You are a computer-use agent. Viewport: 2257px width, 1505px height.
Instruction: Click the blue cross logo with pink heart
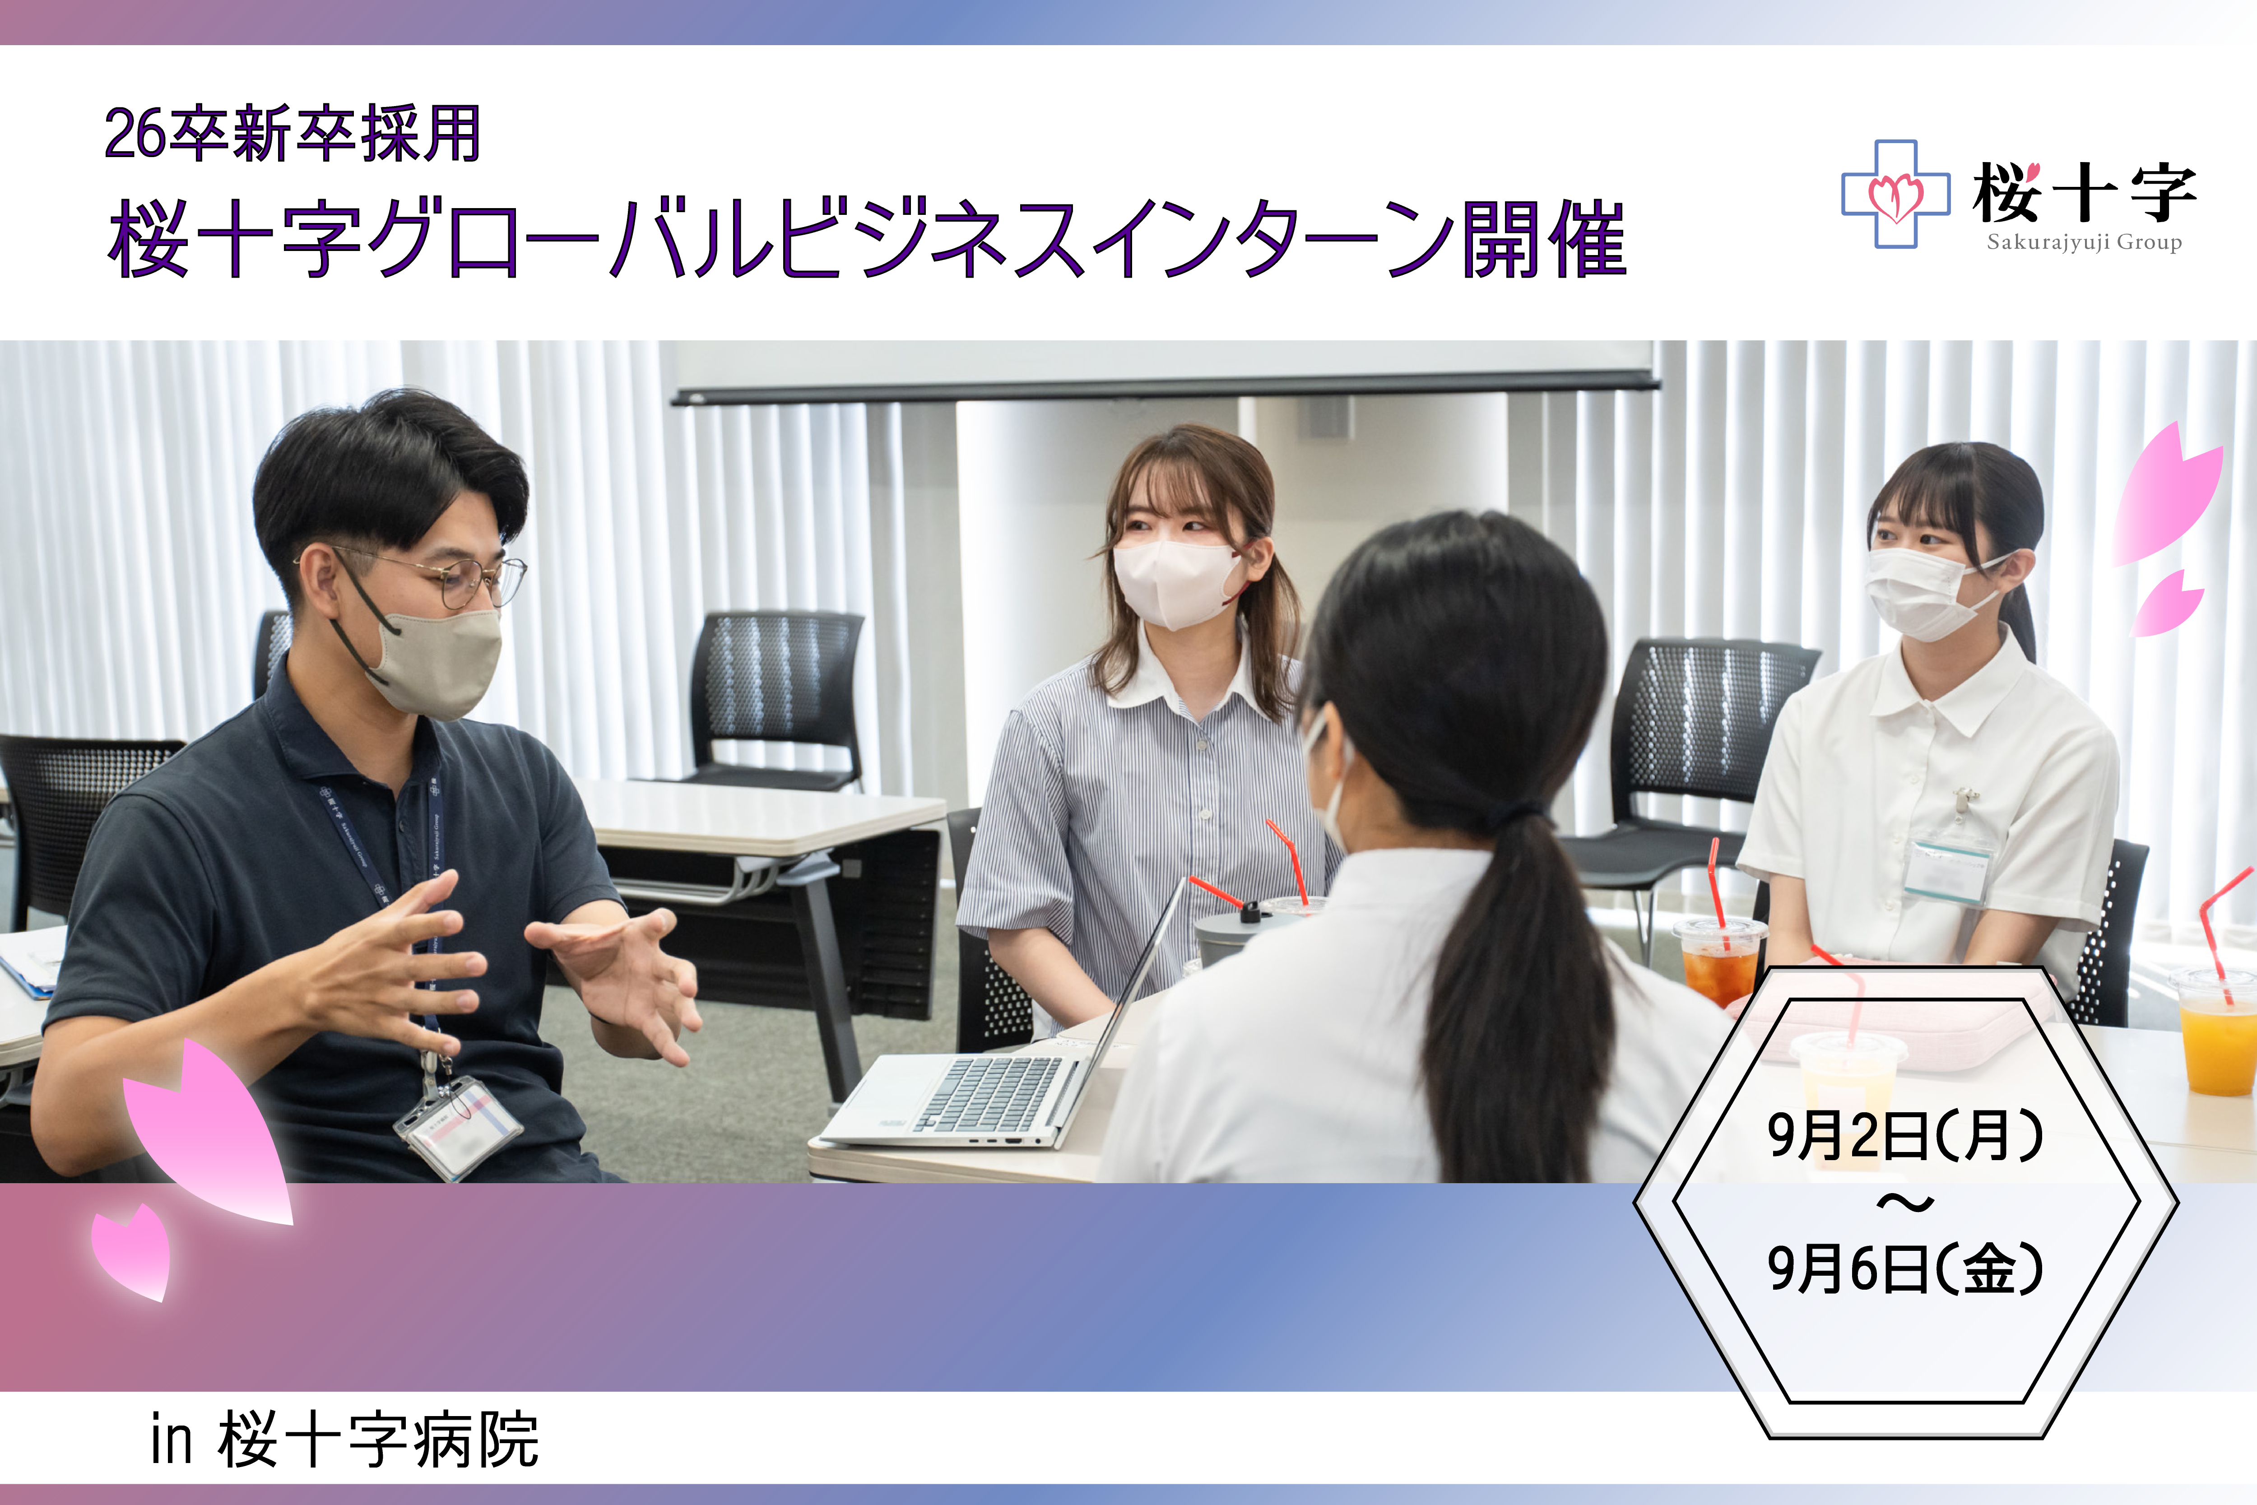[x=1895, y=194]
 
